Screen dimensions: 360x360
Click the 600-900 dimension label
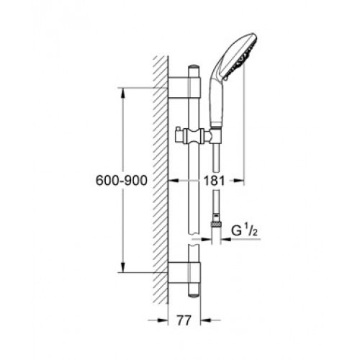click(x=121, y=180)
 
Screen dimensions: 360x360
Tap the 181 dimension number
click(x=214, y=181)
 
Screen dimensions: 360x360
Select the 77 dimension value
click(x=184, y=320)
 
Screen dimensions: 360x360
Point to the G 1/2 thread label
click(x=245, y=230)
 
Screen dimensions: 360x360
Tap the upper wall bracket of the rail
click(x=184, y=88)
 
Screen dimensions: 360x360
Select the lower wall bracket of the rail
click(x=184, y=273)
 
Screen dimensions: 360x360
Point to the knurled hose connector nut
click(x=216, y=225)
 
